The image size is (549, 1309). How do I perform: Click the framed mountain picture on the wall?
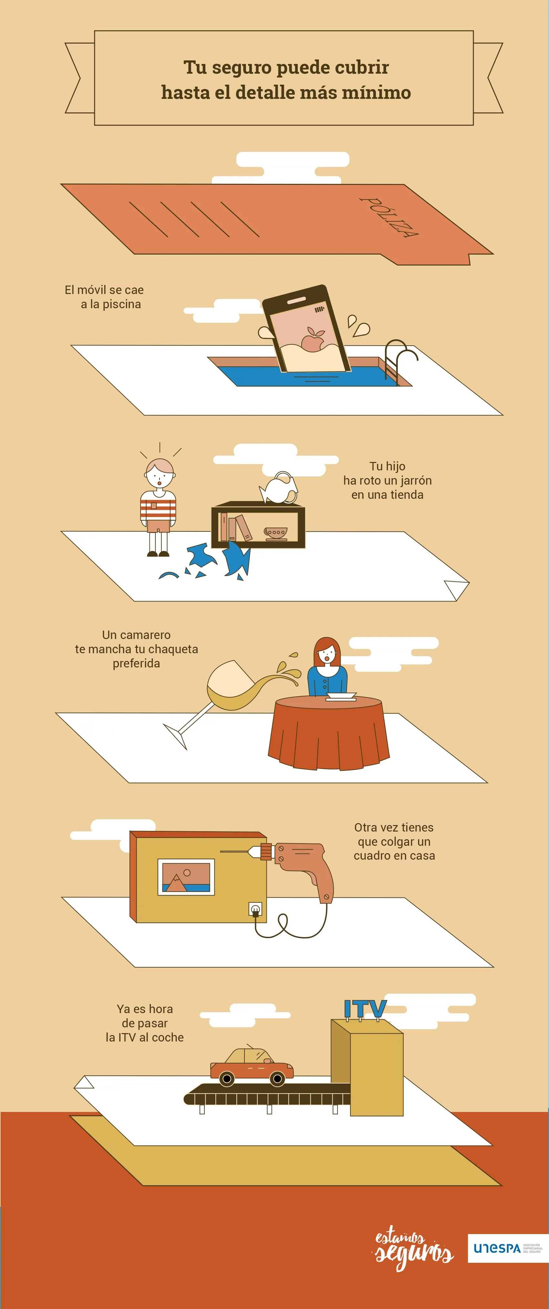point(186,876)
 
